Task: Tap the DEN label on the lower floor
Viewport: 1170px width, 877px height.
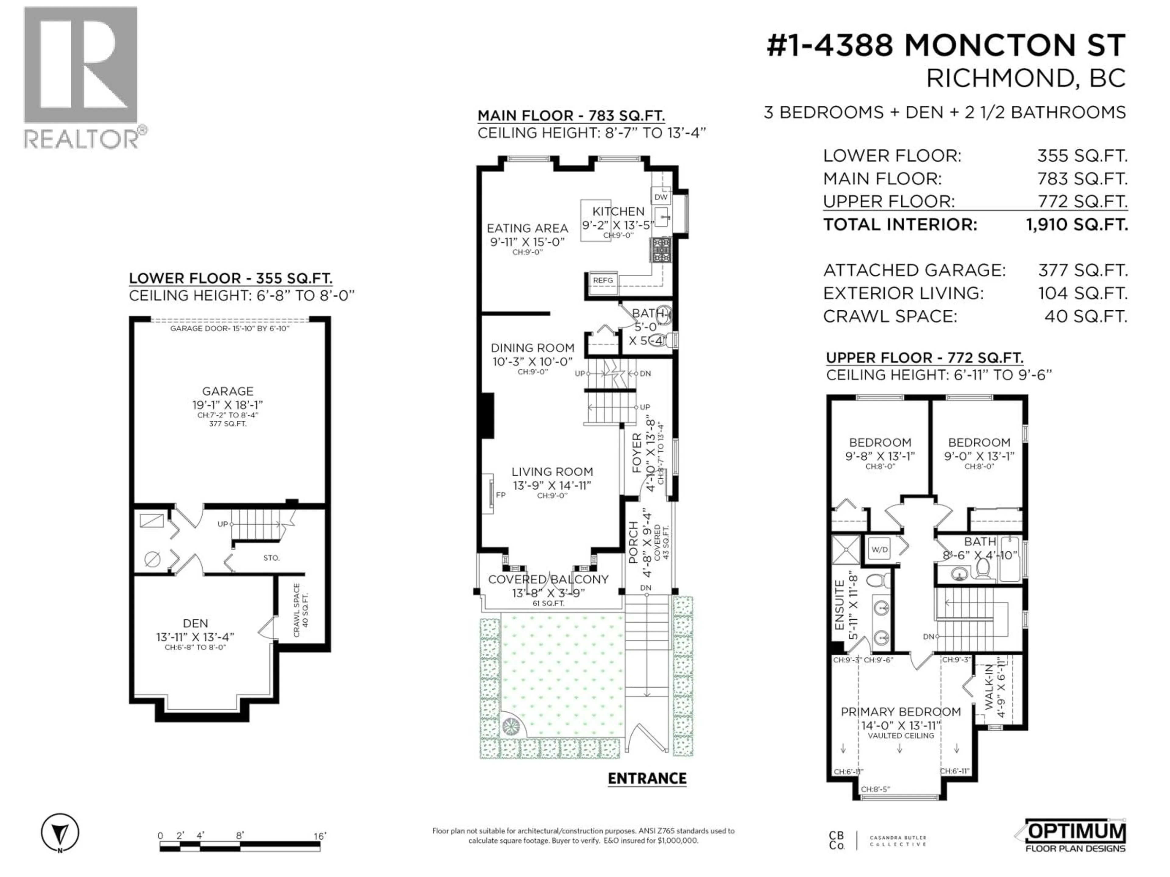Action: pyautogui.click(x=195, y=623)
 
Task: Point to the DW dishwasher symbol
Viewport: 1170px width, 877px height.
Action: pyautogui.click(x=661, y=197)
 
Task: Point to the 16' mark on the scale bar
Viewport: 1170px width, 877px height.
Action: pyautogui.click(x=320, y=836)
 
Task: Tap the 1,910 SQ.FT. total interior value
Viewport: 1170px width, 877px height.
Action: pyautogui.click(x=1076, y=225)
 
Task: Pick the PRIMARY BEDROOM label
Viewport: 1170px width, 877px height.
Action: pyautogui.click(x=900, y=712)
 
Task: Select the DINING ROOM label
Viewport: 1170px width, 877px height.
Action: pyautogui.click(x=532, y=348)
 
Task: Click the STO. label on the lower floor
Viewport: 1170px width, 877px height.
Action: pyautogui.click(x=271, y=558)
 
